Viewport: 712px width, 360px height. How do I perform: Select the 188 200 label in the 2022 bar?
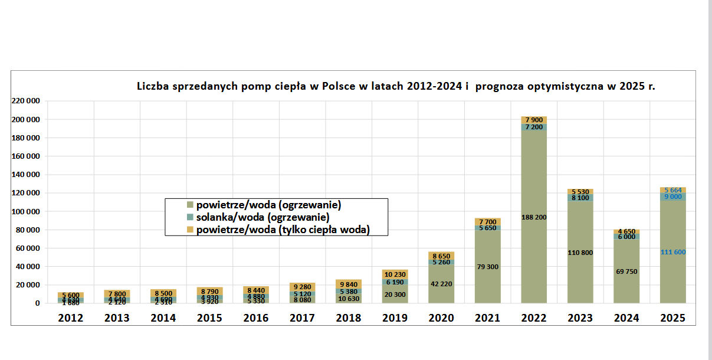point(533,217)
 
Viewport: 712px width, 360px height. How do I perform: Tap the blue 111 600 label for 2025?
point(672,252)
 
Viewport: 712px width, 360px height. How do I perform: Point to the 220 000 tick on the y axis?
point(25,102)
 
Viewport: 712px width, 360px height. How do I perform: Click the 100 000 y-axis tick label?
point(25,211)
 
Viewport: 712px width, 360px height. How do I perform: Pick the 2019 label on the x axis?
point(395,318)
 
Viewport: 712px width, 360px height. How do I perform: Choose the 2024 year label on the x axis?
point(626,318)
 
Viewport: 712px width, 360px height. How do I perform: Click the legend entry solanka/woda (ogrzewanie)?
point(263,218)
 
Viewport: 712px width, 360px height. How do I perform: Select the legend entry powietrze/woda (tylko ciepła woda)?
point(283,230)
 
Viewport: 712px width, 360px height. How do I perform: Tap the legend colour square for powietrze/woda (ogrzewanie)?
point(190,205)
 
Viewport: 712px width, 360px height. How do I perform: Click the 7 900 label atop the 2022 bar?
point(533,120)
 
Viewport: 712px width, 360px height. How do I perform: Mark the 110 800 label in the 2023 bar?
point(580,253)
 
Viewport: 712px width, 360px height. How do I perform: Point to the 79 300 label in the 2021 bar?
point(487,267)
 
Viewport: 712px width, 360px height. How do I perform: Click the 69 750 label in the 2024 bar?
point(626,271)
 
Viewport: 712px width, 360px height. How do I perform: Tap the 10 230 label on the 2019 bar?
point(395,274)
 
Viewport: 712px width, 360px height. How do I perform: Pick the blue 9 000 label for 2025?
point(672,197)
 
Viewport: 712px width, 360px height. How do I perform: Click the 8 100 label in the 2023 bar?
point(580,198)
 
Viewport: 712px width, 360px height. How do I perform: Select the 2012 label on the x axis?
point(70,318)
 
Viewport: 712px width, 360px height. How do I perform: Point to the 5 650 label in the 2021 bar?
point(487,228)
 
